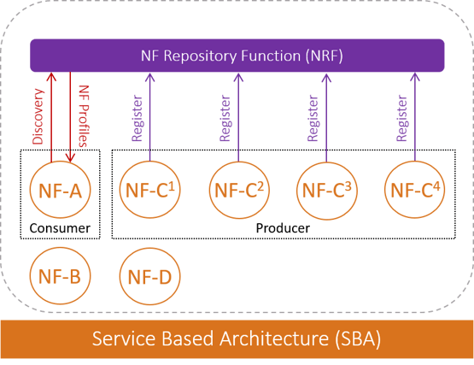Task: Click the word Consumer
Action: [60, 228]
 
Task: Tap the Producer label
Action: [283, 228]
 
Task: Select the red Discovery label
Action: [38, 116]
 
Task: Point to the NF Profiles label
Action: [84, 116]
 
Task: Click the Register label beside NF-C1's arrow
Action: [138, 118]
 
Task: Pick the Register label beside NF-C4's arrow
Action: [402, 118]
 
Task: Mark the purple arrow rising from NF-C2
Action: [238, 117]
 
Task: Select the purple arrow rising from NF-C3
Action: [326, 118]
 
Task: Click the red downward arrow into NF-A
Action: [70, 117]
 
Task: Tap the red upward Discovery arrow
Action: [51, 117]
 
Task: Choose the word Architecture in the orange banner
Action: [274, 339]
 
